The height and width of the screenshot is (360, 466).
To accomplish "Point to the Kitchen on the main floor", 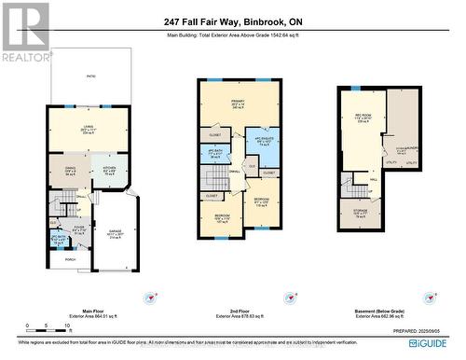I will (109, 171).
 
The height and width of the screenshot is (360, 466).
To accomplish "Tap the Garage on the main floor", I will (116, 234).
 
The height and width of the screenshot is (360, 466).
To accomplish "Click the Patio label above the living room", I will (91, 76).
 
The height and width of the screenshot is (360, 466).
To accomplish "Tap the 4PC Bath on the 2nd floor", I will (213, 153).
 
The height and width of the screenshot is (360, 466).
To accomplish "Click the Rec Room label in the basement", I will (363, 119).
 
